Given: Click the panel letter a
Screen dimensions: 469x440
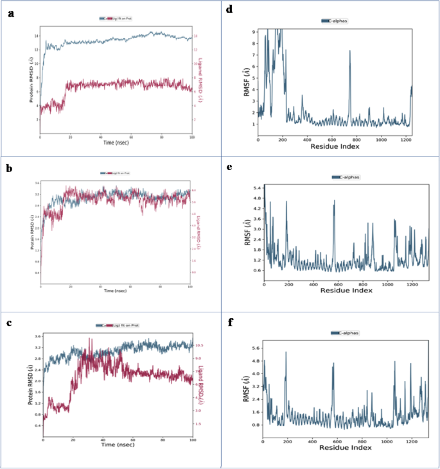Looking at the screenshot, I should click(x=11, y=12).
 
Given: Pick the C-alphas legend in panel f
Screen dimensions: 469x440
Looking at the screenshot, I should click(x=344, y=333).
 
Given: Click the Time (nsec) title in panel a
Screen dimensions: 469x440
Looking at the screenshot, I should click(x=116, y=142).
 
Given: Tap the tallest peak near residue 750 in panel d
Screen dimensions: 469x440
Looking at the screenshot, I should click(x=350, y=51).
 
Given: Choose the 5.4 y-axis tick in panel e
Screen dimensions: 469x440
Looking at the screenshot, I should click(x=256, y=187).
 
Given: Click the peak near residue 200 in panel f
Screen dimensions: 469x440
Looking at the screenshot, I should click(x=286, y=352).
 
